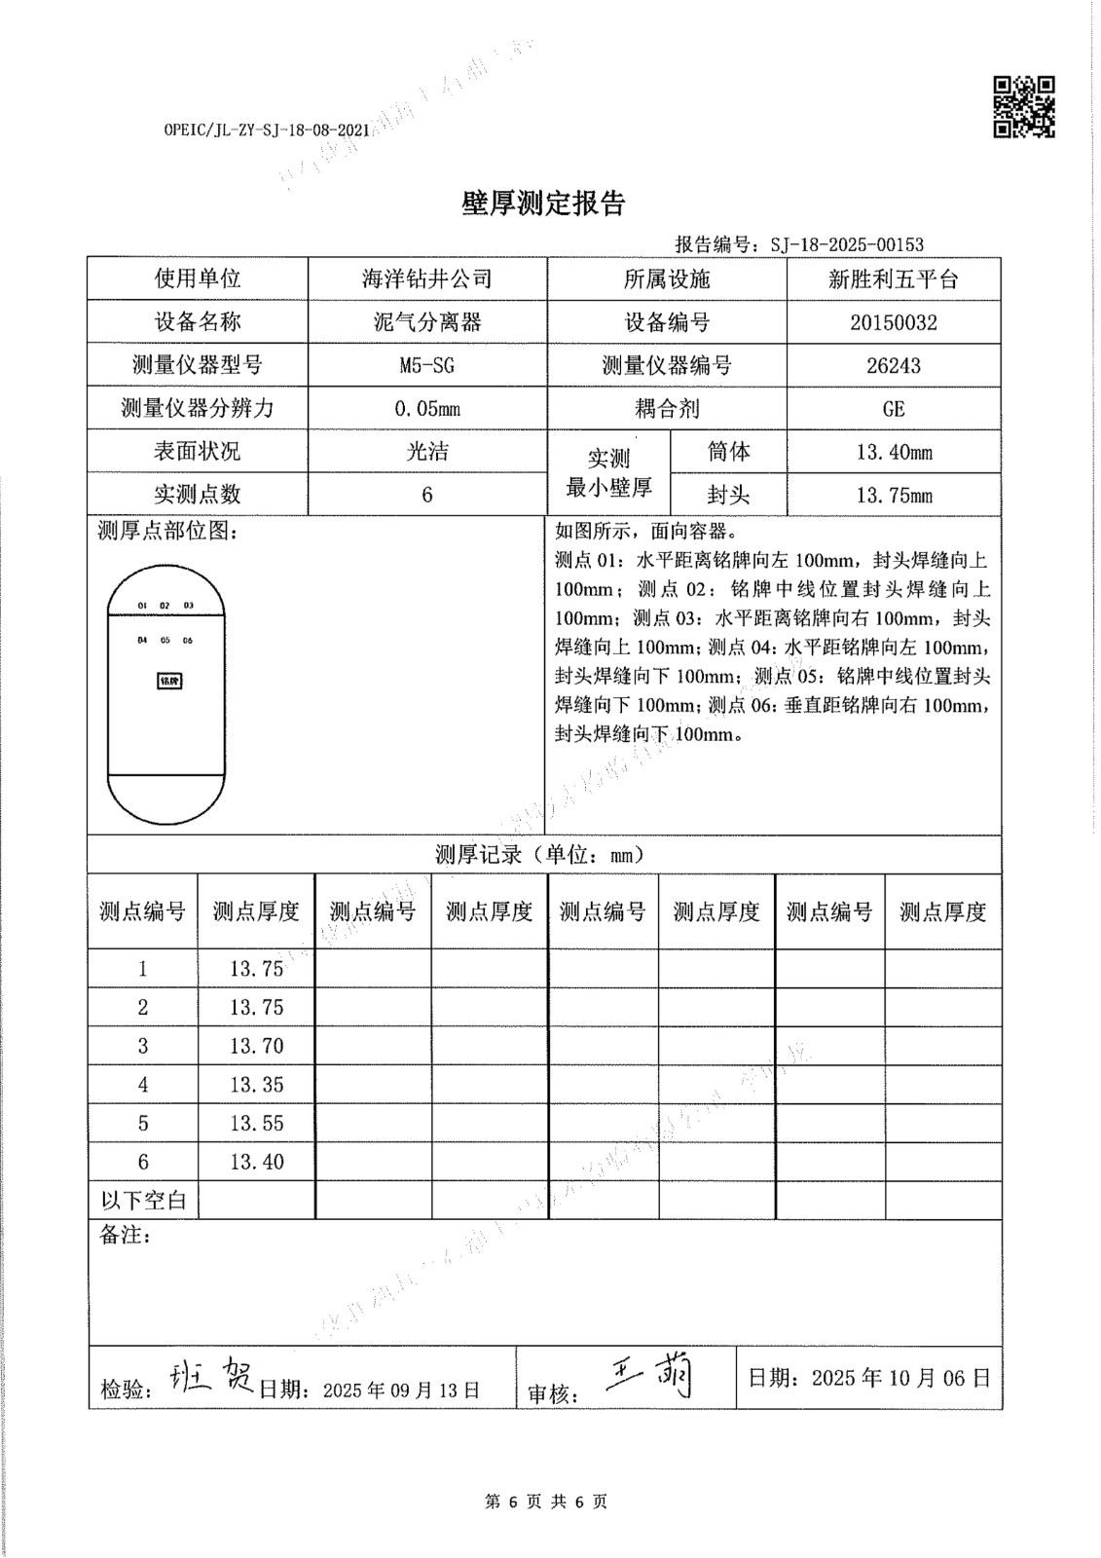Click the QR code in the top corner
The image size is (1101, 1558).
click(1023, 106)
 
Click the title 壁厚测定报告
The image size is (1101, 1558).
click(542, 204)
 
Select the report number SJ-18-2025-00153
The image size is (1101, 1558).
click(846, 244)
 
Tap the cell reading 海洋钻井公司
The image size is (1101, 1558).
click(426, 279)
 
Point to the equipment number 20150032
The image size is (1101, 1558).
click(893, 322)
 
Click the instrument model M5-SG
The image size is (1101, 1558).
click(426, 365)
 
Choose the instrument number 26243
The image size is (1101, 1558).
click(893, 365)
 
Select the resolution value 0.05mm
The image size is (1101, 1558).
click(426, 408)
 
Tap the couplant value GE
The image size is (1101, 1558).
click(893, 408)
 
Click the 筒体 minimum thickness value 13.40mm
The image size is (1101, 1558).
click(893, 452)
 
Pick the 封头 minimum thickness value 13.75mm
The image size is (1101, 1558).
click(893, 495)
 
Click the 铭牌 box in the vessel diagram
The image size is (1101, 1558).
click(169, 681)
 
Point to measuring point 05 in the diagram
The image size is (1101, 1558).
click(165, 640)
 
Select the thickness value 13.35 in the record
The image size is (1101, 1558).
click(257, 1084)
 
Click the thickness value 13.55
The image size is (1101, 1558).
click(257, 1123)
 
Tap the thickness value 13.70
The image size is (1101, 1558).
click(257, 1046)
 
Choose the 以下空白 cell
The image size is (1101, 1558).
click(143, 1199)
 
